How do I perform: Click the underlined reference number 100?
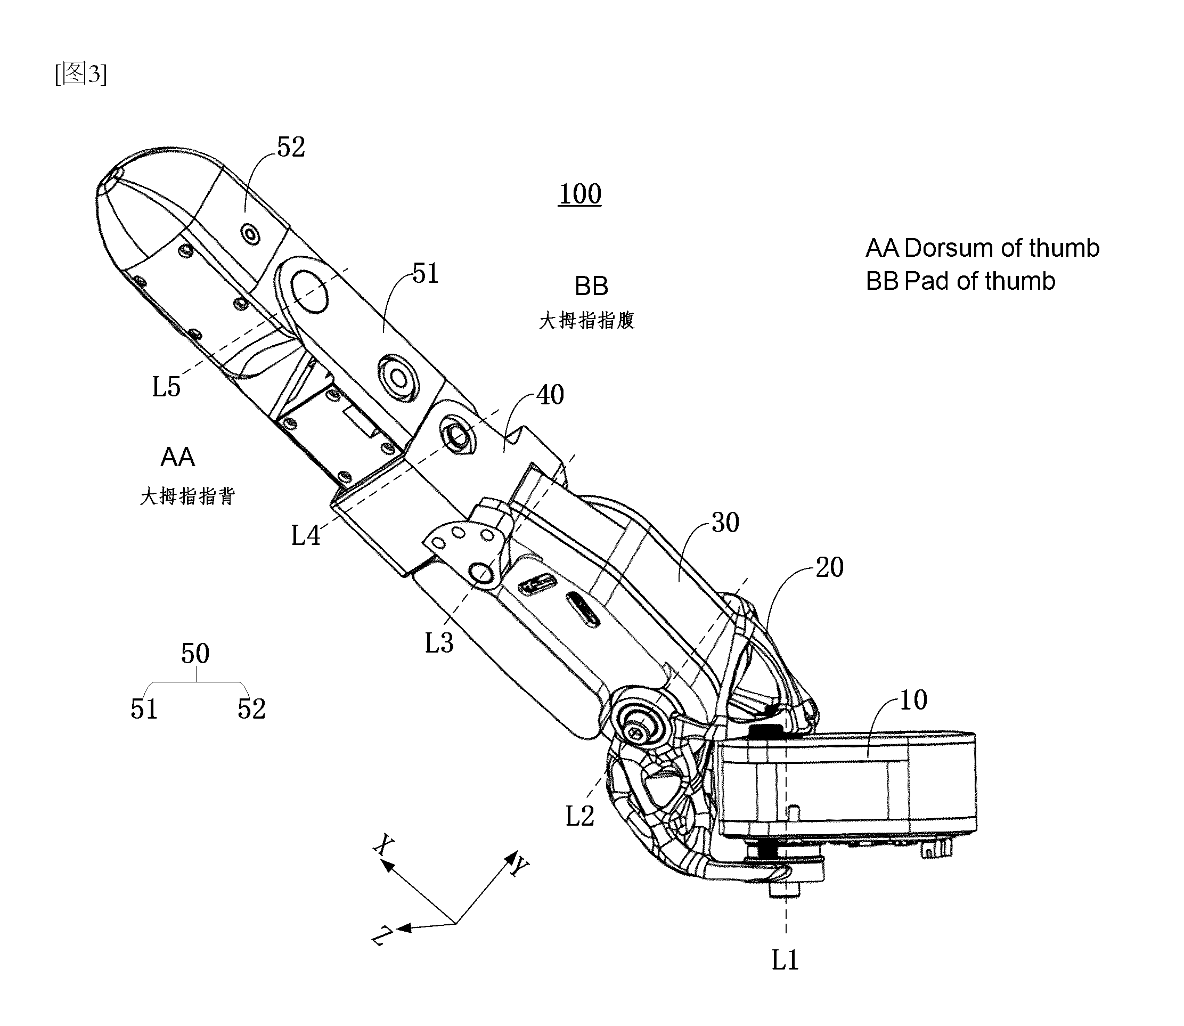[580, 194]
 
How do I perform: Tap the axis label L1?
[785, 959]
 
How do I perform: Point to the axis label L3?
[439, 642]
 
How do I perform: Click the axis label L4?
[306, 535]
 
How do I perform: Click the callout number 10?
[913, 699]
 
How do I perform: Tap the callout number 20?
[830, 567]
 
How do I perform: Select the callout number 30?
[725, 522]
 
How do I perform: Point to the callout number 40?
[550, 395]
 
